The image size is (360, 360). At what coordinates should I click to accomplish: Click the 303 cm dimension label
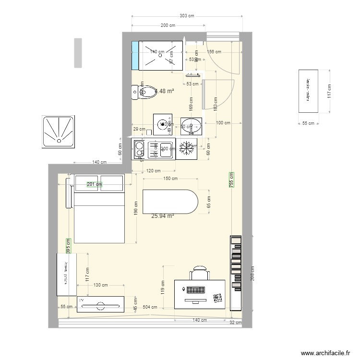(x=187, y=16)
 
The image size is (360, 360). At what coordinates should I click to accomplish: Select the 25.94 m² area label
(x=162, y=216)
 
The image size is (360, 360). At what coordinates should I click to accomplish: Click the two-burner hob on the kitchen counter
(x=139, y=149)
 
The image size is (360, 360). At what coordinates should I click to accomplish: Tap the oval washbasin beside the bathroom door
(x=192, y=127)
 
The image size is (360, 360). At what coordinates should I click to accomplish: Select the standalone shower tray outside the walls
(x=59, y=131)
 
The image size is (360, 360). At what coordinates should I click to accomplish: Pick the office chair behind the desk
(x=200, y=274)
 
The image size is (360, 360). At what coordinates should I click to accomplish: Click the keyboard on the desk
(x=196, y=291)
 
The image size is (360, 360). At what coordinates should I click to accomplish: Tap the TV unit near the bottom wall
(x=100, y=304)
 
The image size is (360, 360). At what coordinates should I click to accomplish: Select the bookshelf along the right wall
(x=236, y=273)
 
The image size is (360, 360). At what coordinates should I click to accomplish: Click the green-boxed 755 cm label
(x=231, y=182)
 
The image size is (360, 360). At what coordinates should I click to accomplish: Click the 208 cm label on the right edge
(x=252, y=274)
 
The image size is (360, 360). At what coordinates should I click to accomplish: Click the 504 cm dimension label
(x=150, y=306)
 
